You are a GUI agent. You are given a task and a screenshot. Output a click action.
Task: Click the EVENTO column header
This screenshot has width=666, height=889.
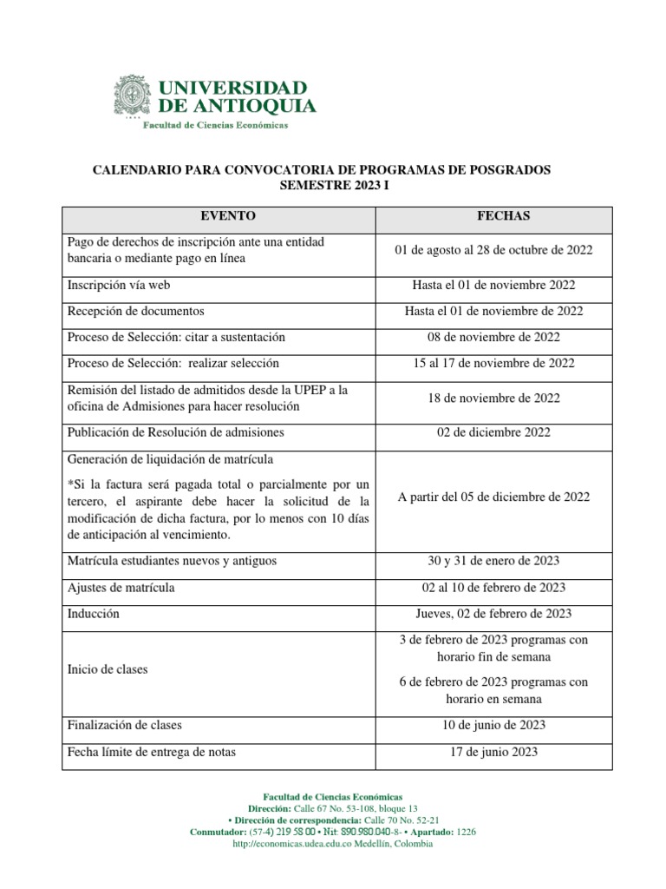click(x=228, y=216)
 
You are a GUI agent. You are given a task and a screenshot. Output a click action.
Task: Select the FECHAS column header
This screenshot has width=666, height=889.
click(x=503, y=216)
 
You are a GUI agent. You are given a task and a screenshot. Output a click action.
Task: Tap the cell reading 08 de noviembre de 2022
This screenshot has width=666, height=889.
click(x=493, y=337)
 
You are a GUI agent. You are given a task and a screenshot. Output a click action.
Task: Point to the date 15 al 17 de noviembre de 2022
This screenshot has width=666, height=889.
click(x=493, y=363)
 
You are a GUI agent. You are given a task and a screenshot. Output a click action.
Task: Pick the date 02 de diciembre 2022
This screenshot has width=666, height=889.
click(x=493, y=432)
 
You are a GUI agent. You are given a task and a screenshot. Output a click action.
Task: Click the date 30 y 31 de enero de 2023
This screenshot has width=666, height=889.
click(x=493, y=562)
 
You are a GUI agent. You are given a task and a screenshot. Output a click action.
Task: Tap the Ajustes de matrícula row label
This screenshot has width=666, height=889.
click(x=121, y=588)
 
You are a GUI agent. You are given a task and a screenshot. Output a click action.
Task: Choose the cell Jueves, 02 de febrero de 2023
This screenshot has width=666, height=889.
click(x=493, y=614)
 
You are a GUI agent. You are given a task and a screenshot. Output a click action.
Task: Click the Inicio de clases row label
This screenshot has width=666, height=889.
click(x=108, y=669)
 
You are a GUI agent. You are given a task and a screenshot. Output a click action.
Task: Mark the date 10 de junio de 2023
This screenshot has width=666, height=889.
click(x=493, y=725)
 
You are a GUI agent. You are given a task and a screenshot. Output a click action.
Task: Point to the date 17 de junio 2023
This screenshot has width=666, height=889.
click(x=493, y=752)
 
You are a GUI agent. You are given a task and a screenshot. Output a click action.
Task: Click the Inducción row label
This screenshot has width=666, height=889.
click(x=94, y=614)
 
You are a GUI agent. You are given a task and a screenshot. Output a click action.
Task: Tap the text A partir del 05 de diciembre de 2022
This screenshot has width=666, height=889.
click(x=493, y=497)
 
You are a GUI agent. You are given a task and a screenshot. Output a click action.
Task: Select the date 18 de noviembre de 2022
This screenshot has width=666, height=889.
click(x=493, y=398)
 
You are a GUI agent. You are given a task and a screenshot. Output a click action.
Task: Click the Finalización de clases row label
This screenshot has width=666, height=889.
click(x=124, y=725)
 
